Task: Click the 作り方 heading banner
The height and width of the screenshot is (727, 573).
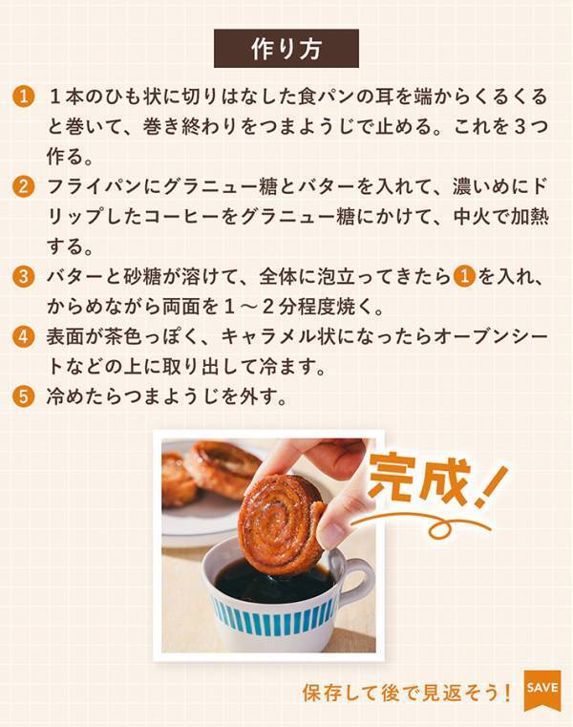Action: click(x=286, y=49)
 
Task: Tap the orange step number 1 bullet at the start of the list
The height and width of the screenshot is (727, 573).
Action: click(x=26, y=98)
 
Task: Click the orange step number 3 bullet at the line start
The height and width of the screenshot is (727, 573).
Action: click(x=26, y=278)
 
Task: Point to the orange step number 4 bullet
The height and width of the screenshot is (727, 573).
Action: click(x=26, y=337)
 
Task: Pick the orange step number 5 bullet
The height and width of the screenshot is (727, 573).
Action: click(x=26, y=396)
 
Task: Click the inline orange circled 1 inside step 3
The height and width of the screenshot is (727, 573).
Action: click(x=464, y=278)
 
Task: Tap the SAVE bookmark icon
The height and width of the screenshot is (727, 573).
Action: click(x=541, y=689)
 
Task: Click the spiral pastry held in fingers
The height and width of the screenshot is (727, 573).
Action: click(x=283, y=521)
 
